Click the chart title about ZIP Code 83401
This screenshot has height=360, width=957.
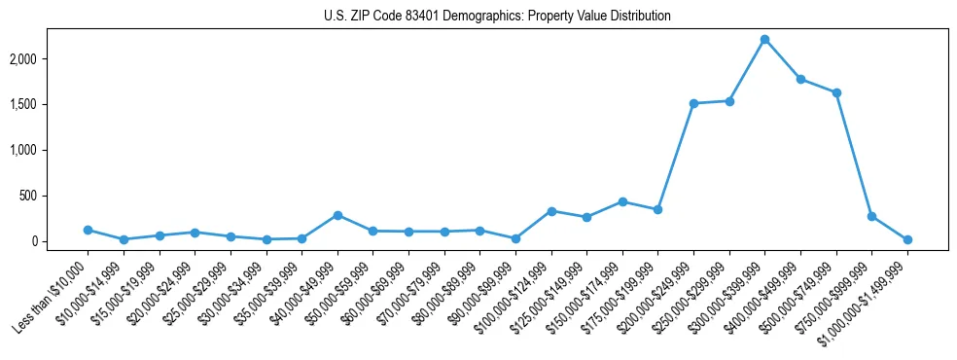(x=497, y=16)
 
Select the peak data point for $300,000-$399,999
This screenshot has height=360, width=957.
(x=764, y=39)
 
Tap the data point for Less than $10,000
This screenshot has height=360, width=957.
(x=88, y=230)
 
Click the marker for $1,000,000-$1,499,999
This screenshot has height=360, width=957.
(x=907, y=239)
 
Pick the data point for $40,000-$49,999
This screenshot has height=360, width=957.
(x=337, y=215)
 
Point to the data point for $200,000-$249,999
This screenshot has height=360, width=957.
(x=693, y=103)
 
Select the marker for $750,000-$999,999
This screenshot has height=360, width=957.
(x=871, y=216)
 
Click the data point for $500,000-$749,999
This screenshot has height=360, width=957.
(x=836, y=92)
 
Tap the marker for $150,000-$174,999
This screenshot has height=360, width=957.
(x=622, y=201)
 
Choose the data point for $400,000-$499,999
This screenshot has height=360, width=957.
(x=800, y=79)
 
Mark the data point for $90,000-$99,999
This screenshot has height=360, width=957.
(x=515, y=238)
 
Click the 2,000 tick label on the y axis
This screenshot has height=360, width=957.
(x=49, y=59)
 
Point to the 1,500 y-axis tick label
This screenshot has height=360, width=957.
(x=49, y=105)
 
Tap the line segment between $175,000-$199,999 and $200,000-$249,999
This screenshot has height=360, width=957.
(x=676, y=156)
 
